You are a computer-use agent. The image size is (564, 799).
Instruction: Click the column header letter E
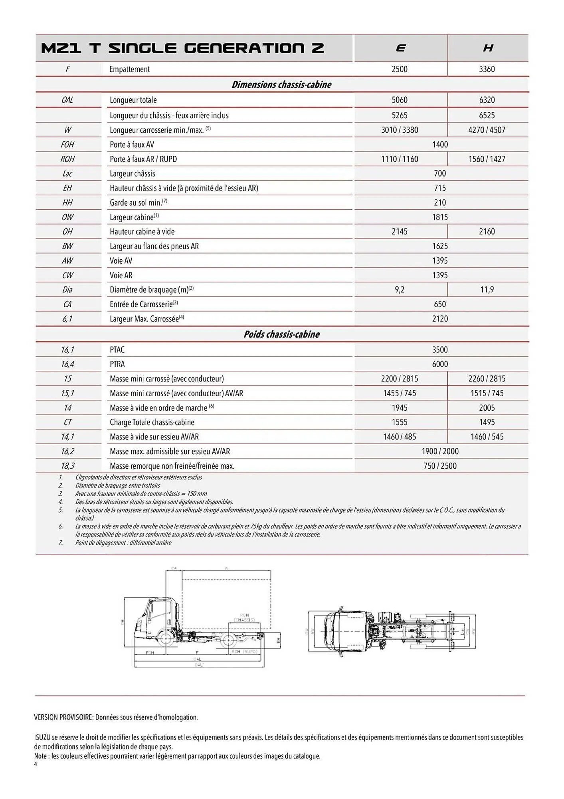coord(400,48)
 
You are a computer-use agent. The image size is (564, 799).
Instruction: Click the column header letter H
coord(488,48)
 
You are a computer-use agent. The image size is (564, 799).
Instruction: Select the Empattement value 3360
coord(487,69)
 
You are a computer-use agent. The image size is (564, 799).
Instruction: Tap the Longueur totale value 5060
coord(400,100)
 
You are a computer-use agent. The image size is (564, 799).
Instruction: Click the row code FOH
coord(67,145)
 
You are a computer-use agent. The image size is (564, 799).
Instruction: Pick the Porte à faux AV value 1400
coord(440,145)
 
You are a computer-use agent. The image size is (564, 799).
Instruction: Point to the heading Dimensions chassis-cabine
coord(281,85)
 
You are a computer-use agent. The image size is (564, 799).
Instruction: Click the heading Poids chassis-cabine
coord(281,334)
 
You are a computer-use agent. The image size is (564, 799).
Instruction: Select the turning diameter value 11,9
coord(487,290)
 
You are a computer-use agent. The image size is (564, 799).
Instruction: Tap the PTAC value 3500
coord(440,350)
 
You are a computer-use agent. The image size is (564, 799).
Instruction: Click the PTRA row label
coord(117,364)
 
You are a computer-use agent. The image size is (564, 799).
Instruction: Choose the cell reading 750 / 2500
coord(440,466)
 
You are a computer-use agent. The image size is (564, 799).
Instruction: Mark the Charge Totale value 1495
coord(487,422)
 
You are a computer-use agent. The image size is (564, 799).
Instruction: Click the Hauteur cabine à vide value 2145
coord(400,232)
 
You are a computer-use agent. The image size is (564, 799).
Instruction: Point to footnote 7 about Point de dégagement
coord(123,543)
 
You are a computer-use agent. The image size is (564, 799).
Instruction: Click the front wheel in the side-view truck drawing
coord(164,638)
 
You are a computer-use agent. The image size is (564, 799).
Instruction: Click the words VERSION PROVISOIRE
coord(63,717)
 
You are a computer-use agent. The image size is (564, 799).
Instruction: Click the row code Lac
coord(67,174)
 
